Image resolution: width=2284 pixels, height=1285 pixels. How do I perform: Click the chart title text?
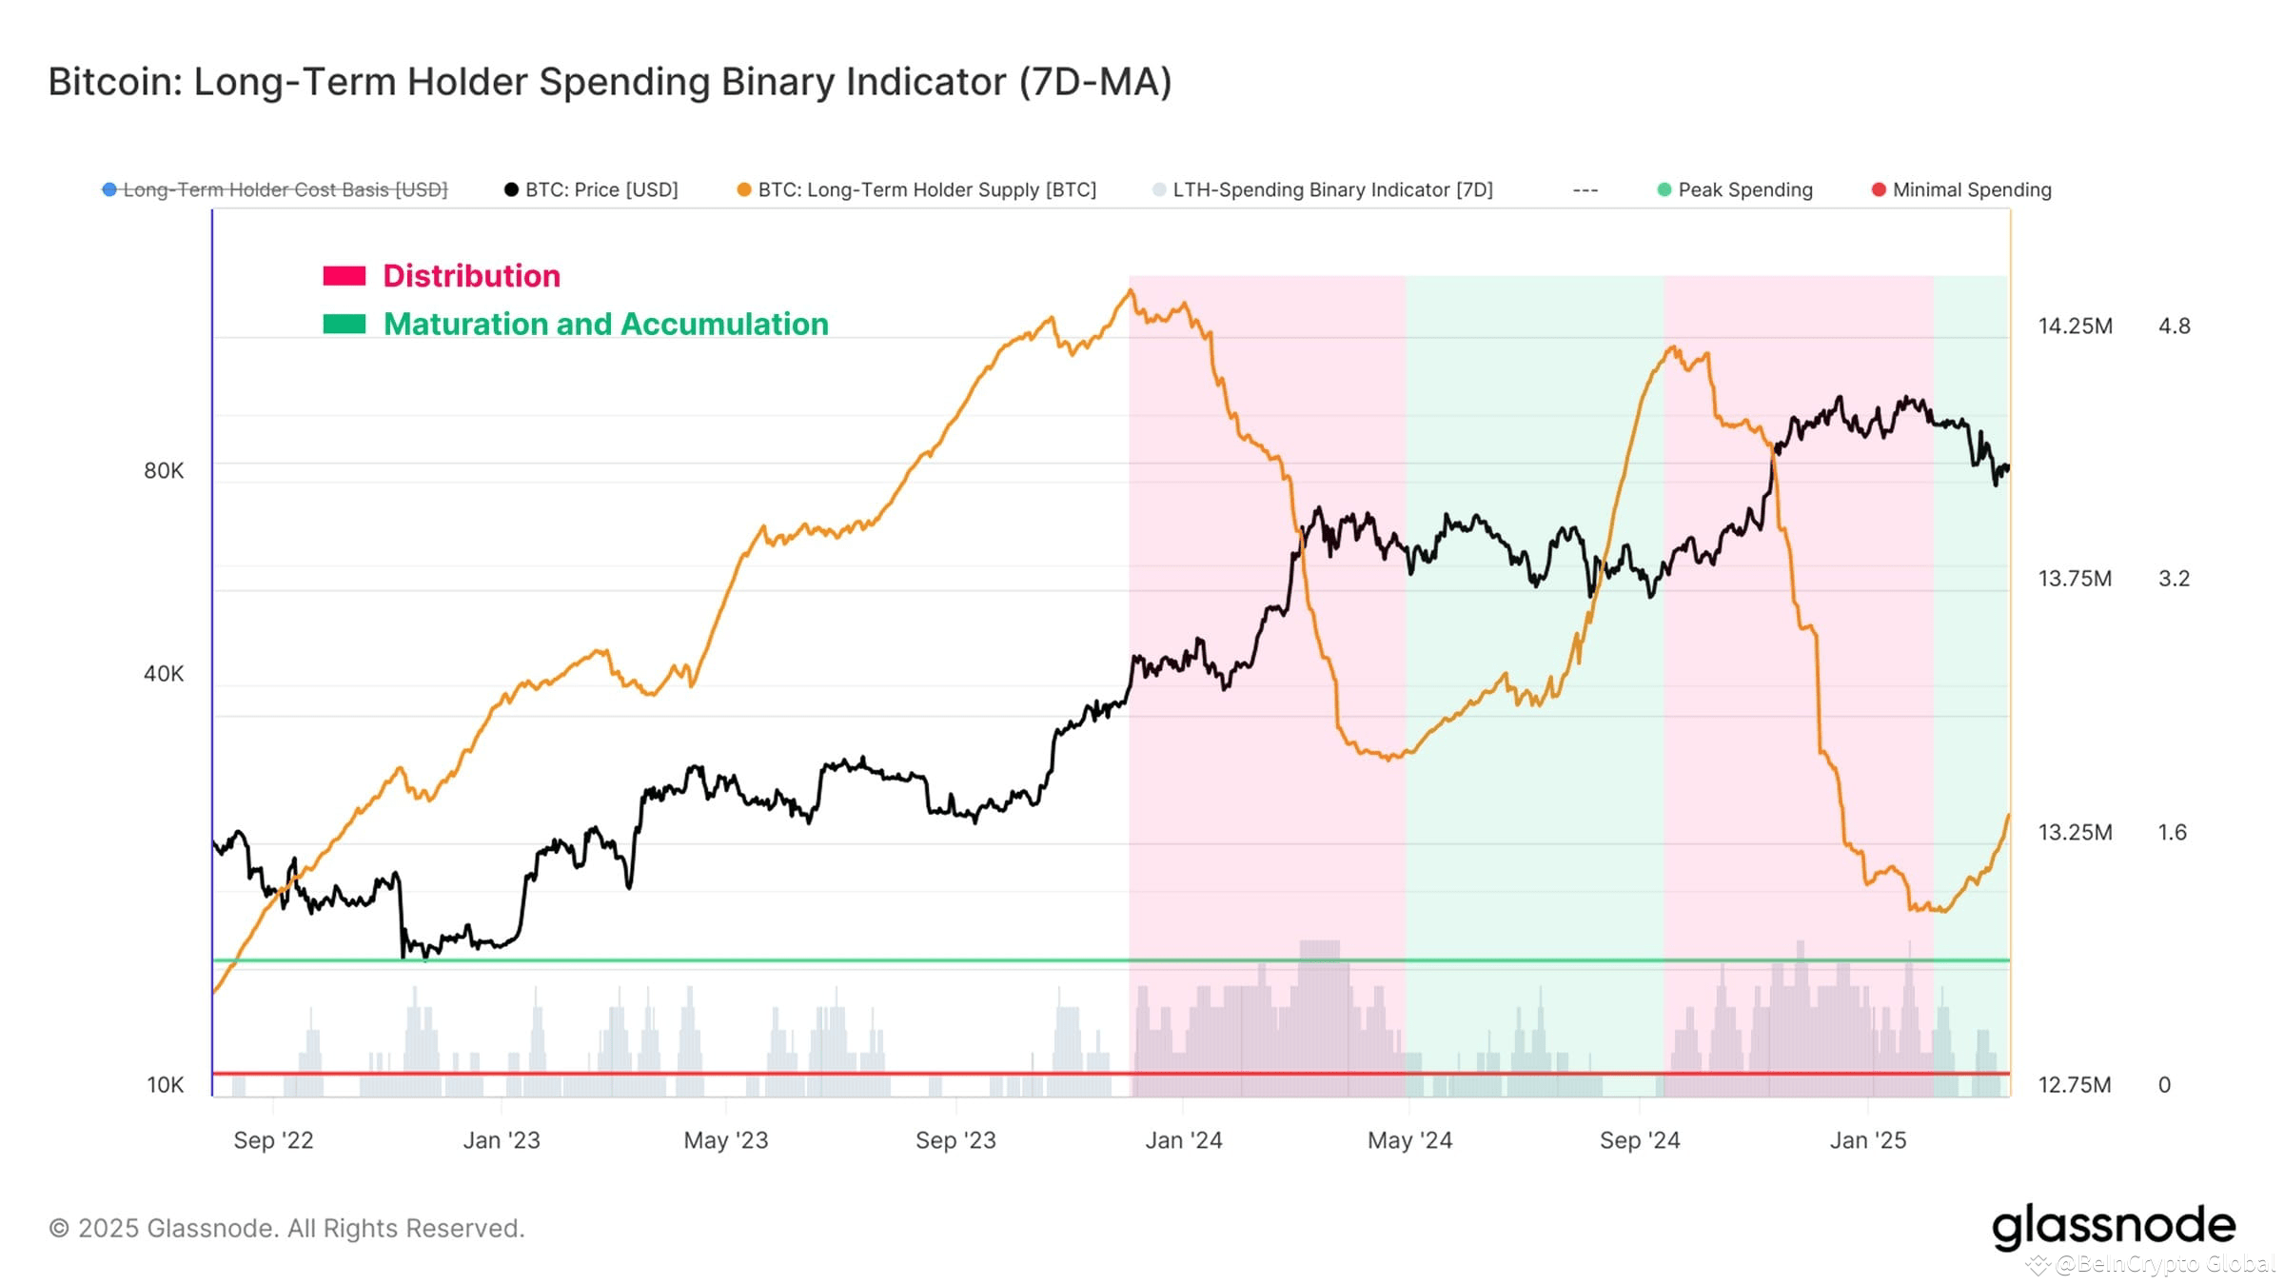click(x=609, y=82)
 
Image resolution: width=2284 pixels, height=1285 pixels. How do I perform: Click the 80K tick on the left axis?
click(x=164, y=470)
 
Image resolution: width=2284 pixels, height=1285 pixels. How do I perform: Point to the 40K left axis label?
click(x=164, y=674)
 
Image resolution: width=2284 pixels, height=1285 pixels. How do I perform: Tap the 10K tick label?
click(x=165, y=1084)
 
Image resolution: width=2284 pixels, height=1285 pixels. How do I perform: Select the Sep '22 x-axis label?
click(x=273, y=1140)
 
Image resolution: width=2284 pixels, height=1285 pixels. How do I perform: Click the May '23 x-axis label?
click(x=725, y=1140)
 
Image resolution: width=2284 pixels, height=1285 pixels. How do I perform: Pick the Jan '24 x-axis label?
click(x=1183, y=1140)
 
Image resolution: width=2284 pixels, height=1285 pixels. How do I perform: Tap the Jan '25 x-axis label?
click(x=1867, y=1140)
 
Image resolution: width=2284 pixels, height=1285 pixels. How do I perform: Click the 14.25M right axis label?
click(x=2075, y=326)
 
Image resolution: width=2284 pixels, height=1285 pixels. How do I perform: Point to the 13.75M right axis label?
click(x=2075, y=579)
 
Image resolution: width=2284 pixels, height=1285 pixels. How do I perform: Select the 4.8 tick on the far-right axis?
click(x=2174, y=326)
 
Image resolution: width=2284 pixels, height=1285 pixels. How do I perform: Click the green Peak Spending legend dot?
click(x=1664, y=189)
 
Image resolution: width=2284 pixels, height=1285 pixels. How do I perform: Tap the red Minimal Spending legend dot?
click(x=1879, y=189)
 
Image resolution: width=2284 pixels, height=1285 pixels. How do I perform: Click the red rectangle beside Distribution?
click(x=344, y=276)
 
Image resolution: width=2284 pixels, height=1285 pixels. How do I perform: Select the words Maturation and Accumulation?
click(x=605, y=325)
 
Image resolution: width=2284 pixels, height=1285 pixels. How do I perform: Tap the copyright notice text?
click(x=286, y=1228)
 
